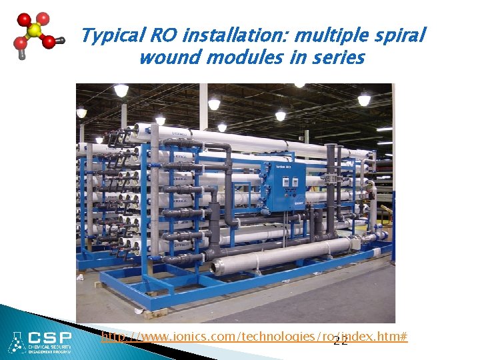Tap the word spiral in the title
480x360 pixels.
(399, 36)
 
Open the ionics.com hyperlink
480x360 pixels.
(253, 337)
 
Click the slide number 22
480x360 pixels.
(340, 342)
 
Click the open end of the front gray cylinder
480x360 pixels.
(214, 267)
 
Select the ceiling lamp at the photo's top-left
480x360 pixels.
(121, 90)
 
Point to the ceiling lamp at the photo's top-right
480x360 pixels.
(364, 99)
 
